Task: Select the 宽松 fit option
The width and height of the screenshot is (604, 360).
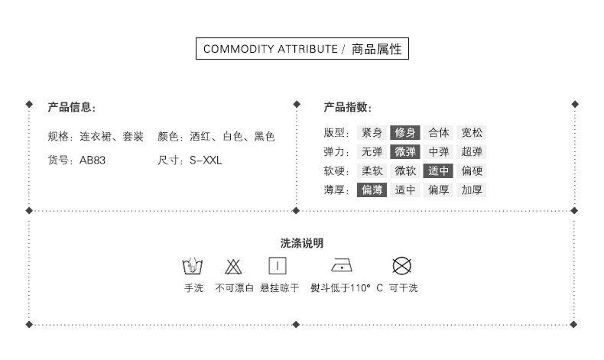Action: (x=472, y=132)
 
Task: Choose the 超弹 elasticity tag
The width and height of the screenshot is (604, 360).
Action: (x=472, y=151)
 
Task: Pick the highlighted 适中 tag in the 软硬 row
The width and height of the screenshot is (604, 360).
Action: (x=439, y=170)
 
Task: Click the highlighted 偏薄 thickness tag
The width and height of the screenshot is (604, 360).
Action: (x=372, y=190)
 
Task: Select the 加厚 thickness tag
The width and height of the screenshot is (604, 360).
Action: (x=472, y=190)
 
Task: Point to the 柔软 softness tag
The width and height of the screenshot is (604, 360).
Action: (x=372, y=170)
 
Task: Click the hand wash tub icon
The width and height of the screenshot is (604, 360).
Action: (x=193, y=266)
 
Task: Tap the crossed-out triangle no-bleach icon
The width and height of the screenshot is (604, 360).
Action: (x=233, y=267)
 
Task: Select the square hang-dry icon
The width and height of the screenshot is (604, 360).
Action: (x=277, y=266)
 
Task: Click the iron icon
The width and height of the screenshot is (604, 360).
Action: (x=342, y=266)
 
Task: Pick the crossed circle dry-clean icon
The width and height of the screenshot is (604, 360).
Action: (x=402, y=266)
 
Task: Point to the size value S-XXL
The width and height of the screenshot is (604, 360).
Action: (x=205, y=161)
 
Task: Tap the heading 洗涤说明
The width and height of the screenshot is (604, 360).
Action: (x=302, y=243)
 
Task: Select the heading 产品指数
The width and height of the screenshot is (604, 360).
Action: (x=347, y=107)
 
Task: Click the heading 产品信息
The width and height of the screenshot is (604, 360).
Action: (x=71, y=107)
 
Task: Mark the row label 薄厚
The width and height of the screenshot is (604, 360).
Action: (x=336, y=190)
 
